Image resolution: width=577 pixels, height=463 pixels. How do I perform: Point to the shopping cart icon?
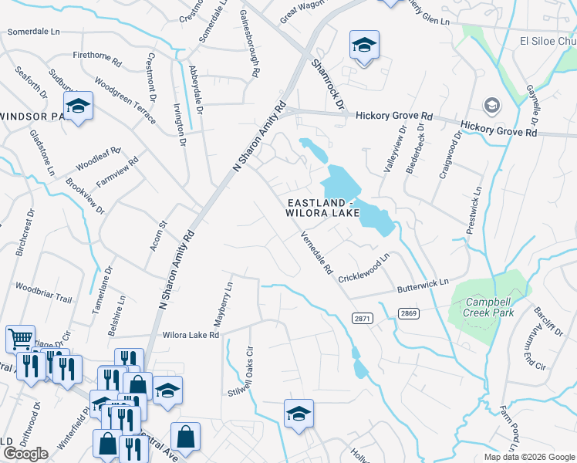point(19,337)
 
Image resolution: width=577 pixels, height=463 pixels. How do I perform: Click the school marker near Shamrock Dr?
point(364,45)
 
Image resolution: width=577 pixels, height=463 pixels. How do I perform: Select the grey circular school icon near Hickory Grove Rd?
point(491,104)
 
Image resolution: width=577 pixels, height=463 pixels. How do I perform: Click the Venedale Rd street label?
point(316,254)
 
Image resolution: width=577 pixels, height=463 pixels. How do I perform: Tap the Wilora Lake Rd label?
point(191,335)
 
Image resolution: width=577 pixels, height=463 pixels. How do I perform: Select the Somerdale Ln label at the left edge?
point(32,32)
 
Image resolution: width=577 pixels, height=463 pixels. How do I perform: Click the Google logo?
point(25,454)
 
